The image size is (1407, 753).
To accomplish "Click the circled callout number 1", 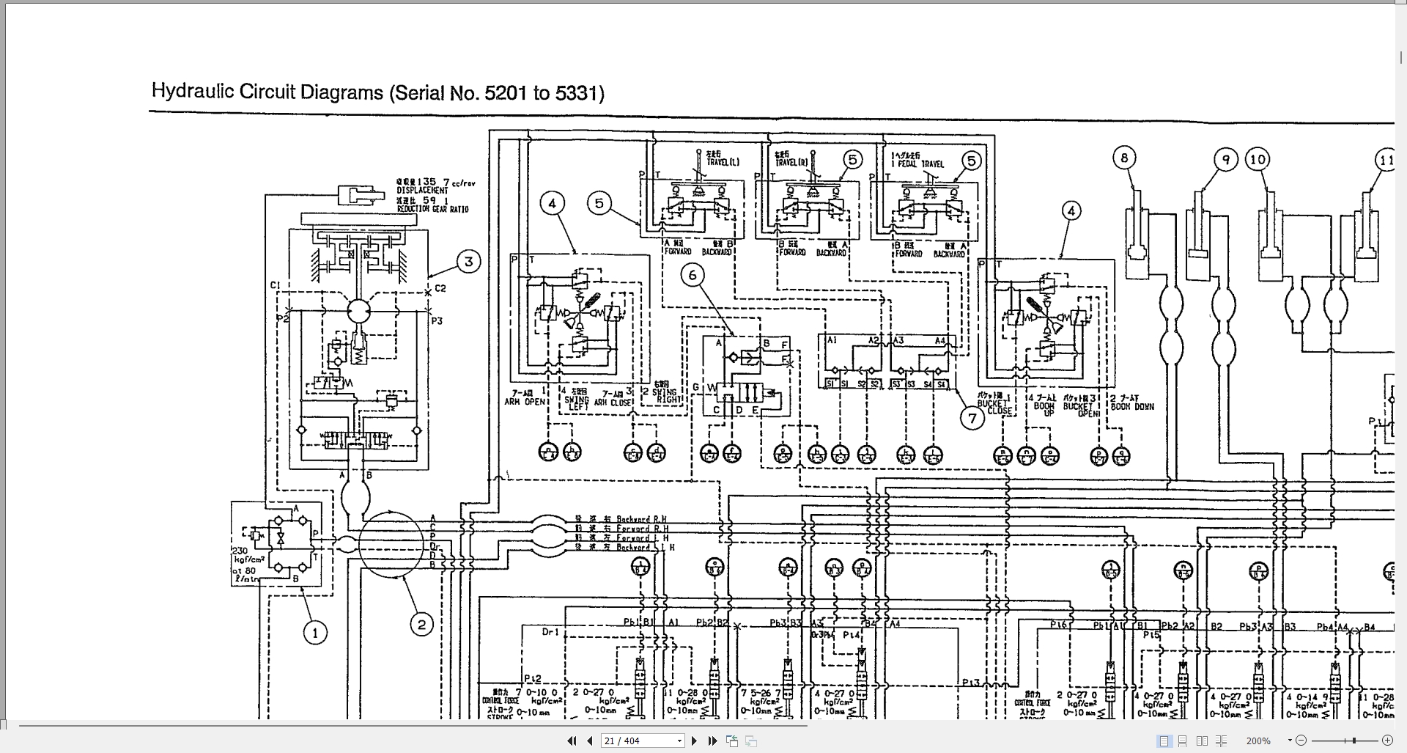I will click(x=315, y=633).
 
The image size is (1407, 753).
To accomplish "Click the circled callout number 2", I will click(x=421, y=625).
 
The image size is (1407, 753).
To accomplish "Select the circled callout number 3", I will click(x=469, y=261).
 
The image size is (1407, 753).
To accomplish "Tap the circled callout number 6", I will click(x=693, y=275).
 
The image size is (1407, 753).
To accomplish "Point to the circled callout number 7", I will click(x=972, y=418).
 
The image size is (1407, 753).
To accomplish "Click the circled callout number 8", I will click(x=1124, y=158).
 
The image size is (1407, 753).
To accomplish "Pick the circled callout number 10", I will click(x=1258, y=159).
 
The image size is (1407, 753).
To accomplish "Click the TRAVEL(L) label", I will click(x=723, y=161).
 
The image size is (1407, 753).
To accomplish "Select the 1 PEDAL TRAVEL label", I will click(x=917, y=164).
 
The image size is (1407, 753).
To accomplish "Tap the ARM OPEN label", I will click(x=525, y=402).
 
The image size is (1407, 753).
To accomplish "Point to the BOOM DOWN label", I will click(x=1132, y=406).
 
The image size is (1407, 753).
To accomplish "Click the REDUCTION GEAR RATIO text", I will click(x=432, y=209).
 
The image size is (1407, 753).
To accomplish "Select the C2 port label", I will click(x=440, y=288).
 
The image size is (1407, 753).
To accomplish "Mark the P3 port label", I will click(x=437, y=321).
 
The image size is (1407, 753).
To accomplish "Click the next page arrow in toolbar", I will click(x=694, y=741).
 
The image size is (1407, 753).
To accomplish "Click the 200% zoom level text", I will click(x=1258, y=741).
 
